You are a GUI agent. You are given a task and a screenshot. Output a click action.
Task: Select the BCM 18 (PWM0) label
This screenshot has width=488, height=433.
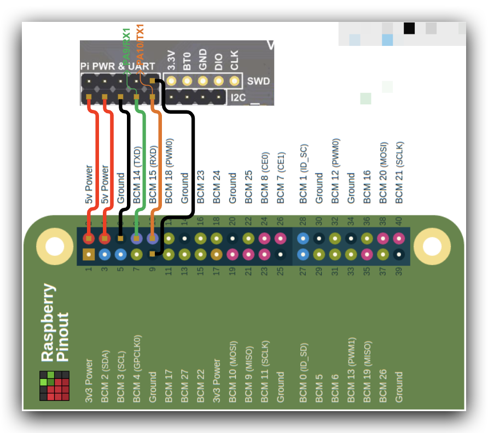[x=169, y=173]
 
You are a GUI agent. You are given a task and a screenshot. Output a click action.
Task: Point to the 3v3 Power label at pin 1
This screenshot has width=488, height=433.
[x=89, y=381]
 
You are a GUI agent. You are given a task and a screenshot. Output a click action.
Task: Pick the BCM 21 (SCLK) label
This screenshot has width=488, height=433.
[x=399, y=172]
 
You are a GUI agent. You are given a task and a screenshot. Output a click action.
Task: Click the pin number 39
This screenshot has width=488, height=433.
[x=399, y=270]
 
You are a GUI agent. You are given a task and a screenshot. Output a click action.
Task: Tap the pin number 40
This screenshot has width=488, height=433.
[x=399, y=221]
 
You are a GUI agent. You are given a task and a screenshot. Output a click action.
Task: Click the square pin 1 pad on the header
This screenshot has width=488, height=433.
[x=89, y=254]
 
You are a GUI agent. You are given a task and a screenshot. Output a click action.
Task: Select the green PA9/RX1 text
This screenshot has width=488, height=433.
[x=126, y=46]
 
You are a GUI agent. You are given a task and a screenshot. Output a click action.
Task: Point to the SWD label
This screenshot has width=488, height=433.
[x=258, y=81]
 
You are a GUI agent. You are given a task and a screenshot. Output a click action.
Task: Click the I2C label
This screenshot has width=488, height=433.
[x=239, y=98]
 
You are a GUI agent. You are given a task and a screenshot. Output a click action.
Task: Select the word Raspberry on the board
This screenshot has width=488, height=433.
[x=49, y=323]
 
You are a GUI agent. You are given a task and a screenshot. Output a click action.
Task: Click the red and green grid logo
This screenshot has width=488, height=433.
[x=54, y=385]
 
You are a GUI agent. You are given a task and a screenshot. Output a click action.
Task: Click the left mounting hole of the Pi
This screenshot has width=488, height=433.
[x=55, y=246]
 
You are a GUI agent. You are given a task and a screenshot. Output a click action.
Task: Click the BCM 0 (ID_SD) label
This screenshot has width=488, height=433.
[x=303, y=373]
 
